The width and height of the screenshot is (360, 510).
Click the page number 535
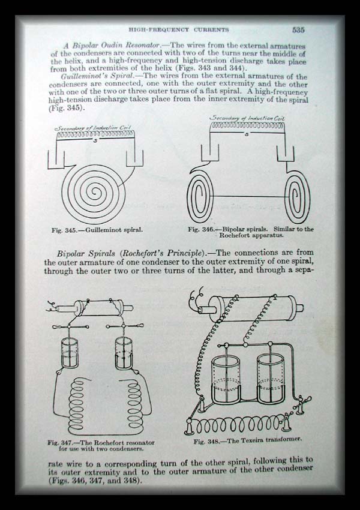click(298, 30)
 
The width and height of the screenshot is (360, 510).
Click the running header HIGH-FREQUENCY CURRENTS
click(179, 29)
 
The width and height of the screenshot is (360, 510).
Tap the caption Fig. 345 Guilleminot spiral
click(97, 230)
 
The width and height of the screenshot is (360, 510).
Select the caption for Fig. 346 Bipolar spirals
click(251, 232)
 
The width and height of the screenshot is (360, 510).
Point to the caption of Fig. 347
click(101, 446)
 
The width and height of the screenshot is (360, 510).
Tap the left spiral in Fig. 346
click(200, 196)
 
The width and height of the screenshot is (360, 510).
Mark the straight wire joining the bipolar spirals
click(249, 196)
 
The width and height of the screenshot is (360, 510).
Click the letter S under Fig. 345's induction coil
click(95, 141)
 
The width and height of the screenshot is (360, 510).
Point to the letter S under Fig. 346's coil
click(247, 134)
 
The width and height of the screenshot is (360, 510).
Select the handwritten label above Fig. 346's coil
click(247, 118)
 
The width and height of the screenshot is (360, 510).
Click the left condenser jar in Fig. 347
click(69, 353)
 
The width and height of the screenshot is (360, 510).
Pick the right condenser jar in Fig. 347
click(124, 353)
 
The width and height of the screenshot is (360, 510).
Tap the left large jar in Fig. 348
click(226, 380)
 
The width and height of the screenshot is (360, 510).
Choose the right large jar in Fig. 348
click(271, 379)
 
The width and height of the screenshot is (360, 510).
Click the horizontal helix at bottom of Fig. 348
click(238, 424)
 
